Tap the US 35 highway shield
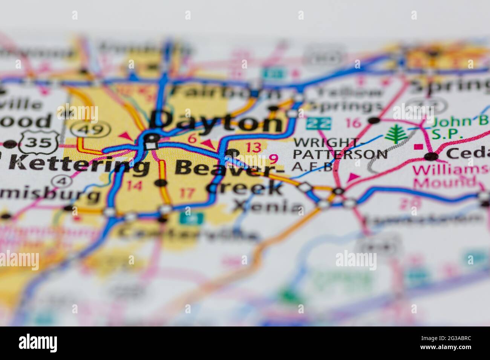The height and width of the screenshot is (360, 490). [38, 142]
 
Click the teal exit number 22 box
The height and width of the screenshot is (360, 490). [319, 123]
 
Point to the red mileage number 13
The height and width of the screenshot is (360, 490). [253, 147]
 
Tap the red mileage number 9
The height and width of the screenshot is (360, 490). [274, 158]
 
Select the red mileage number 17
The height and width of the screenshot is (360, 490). [187, 193]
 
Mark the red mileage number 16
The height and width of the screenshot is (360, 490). [353, 123]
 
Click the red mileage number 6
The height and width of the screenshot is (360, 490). [192, 139]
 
